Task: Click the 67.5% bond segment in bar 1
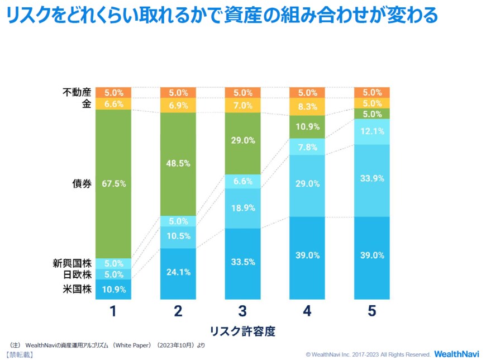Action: coord(113,183)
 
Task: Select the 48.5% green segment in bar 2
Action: coord(178,164)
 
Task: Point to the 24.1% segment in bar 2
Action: coord(178,273)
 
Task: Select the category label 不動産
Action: coord(77,93)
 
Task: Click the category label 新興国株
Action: coord(73,264)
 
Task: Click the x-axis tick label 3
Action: coord(243,311)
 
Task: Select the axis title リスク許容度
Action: coord(242,330)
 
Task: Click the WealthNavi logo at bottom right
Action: coord(456,354)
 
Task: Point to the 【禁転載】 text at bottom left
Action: coord(19,354)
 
